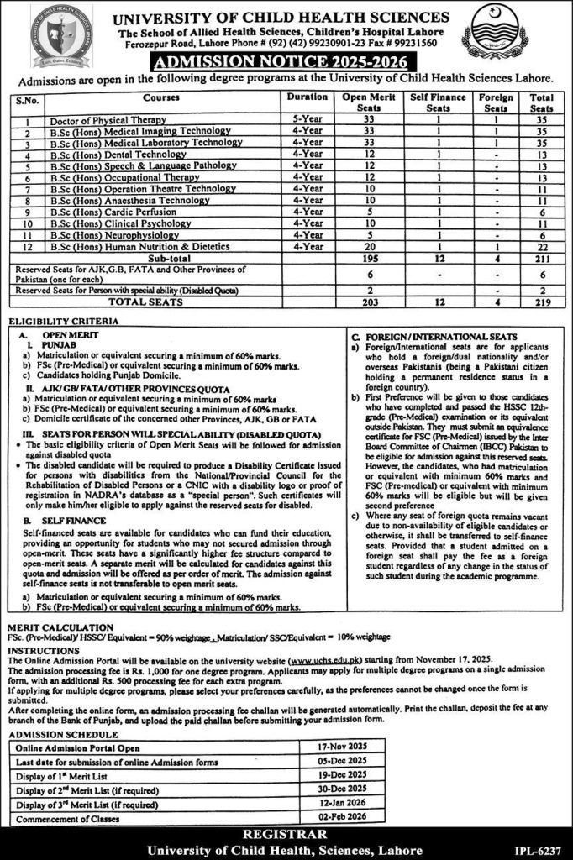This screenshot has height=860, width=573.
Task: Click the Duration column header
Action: point(307,98)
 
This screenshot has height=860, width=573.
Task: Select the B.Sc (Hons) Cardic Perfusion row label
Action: point(113,212)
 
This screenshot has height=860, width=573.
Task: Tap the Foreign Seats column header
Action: point(496,103)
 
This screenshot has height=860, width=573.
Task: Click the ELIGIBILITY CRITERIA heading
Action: point(56,323)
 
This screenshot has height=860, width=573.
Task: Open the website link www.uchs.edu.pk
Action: point(323,660)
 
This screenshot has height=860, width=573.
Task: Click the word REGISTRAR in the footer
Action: point(286,836)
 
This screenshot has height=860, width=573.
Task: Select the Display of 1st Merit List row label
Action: point(67,775)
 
